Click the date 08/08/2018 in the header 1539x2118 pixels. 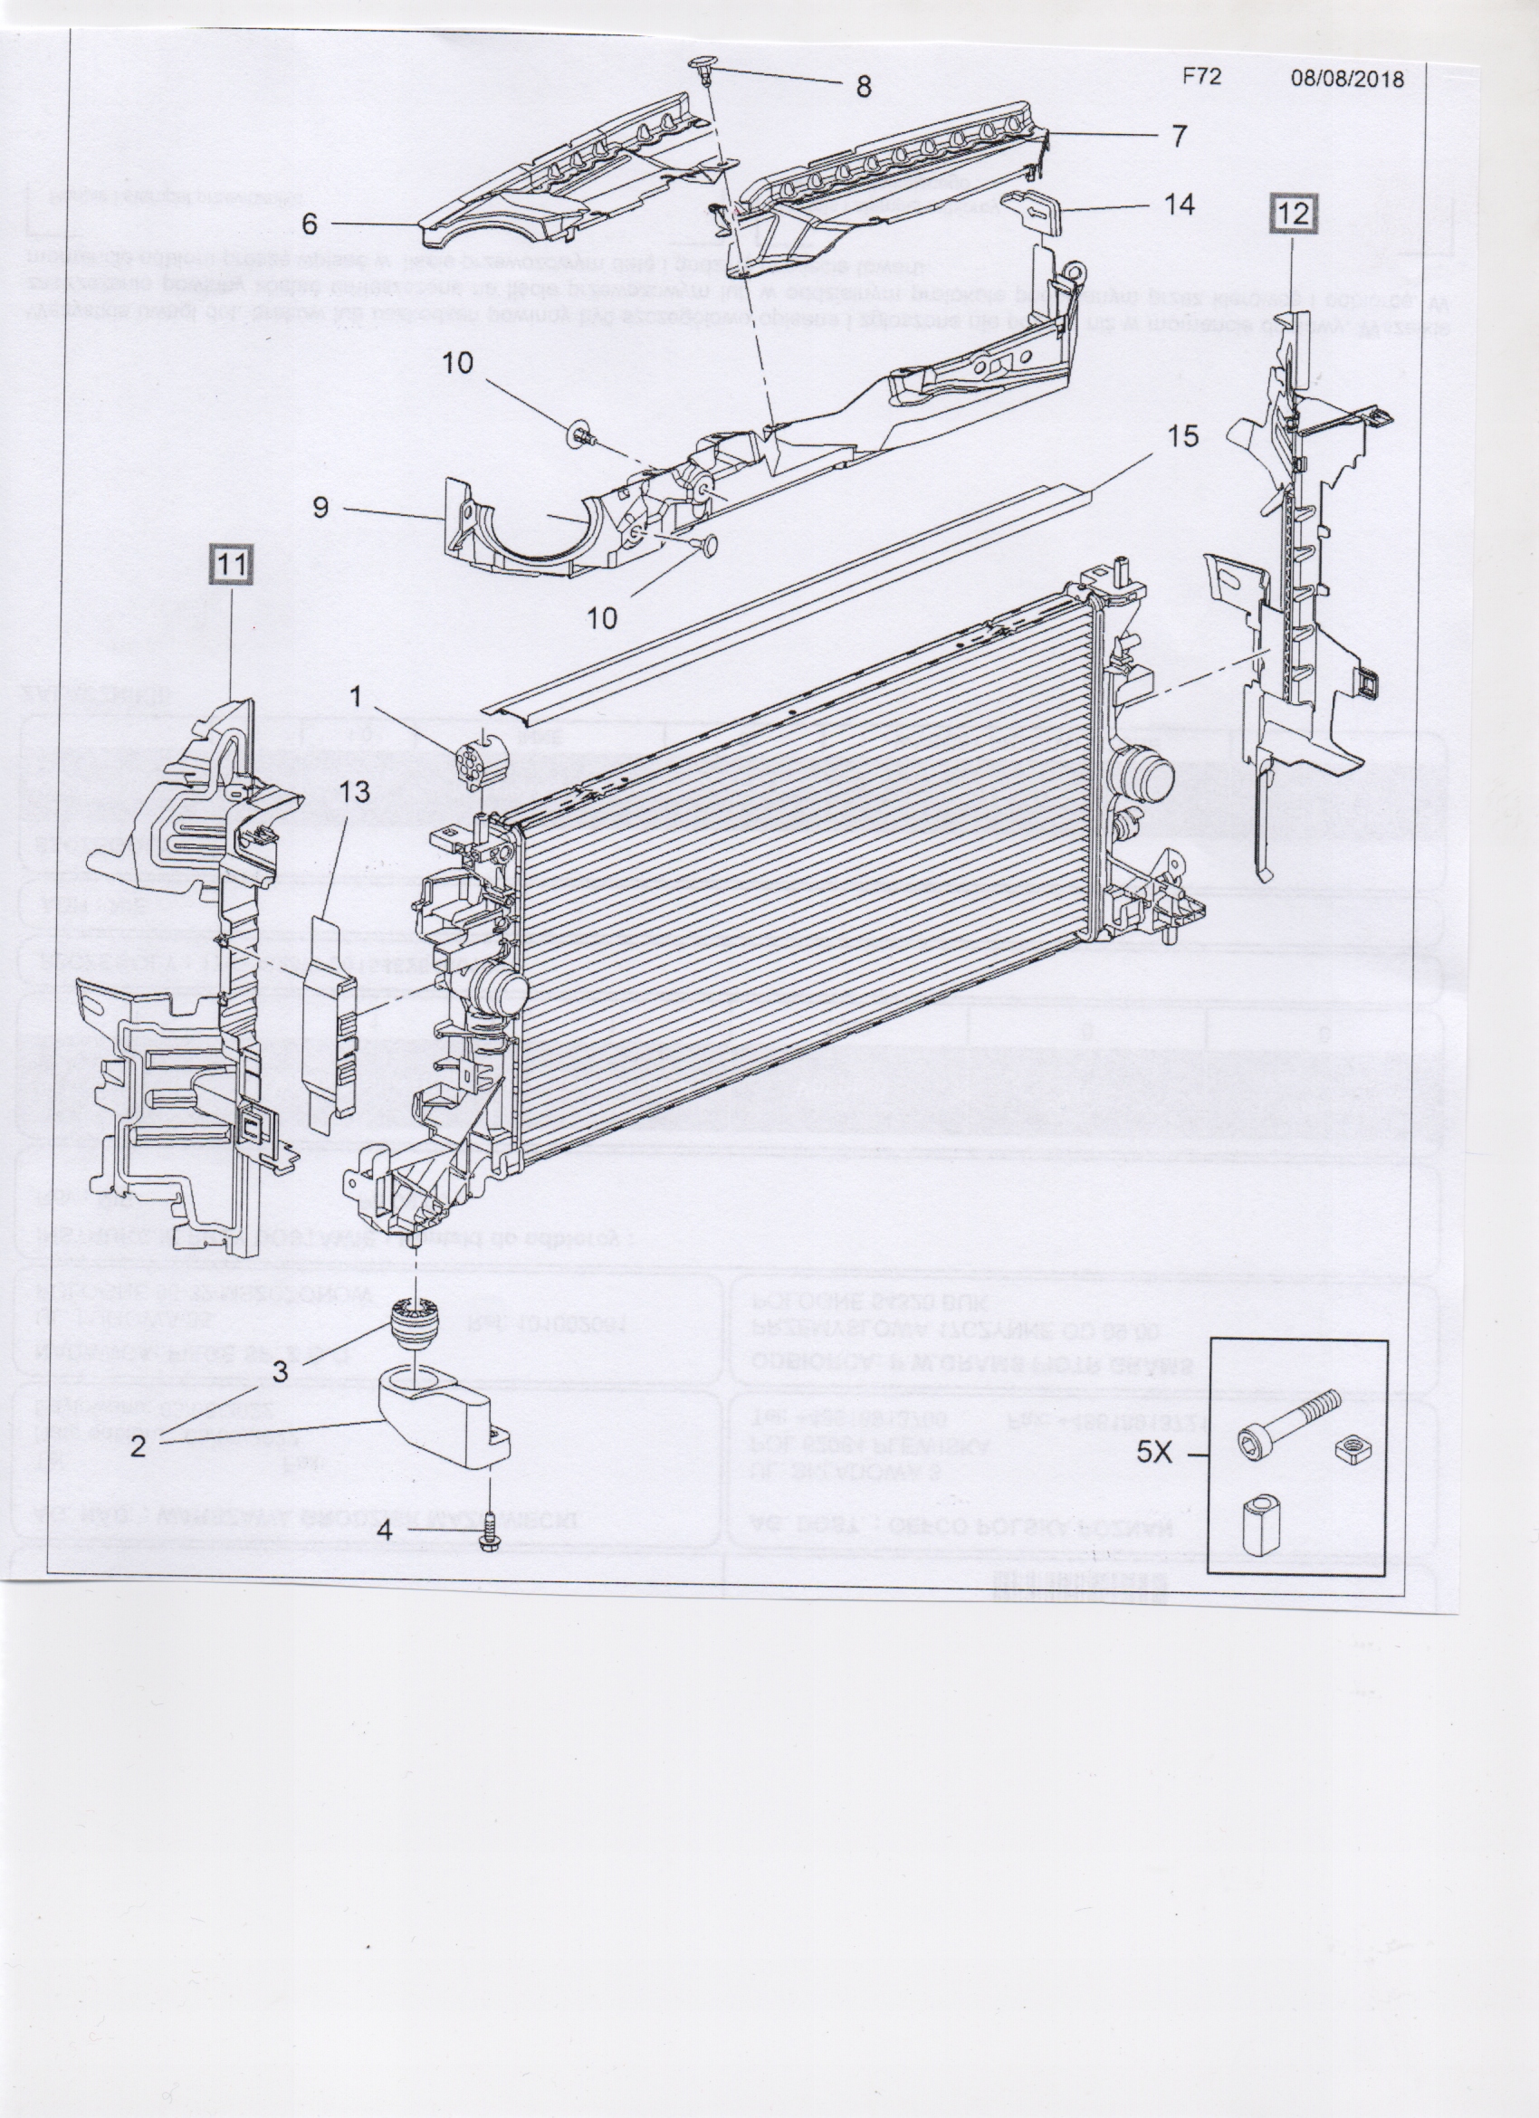[x=1347, y=79]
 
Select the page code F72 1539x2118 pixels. [x=1201, y=77]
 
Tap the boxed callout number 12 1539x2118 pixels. [x=1295, y=214]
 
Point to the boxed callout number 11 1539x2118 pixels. [x=232, y=565]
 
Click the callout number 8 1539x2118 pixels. [x=863, y=87]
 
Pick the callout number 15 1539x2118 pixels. [x=1182, y=437]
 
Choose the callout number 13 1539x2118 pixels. [x=355, y=792]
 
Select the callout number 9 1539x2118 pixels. [x=320, y=508]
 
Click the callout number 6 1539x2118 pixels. [x=310, y=224]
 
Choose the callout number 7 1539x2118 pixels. [x=1179, y=137]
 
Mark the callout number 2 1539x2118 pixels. [x=139, y=1447]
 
